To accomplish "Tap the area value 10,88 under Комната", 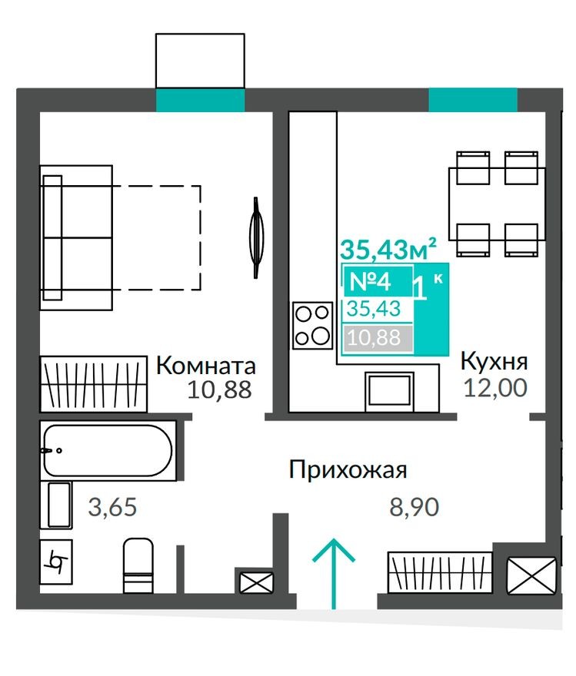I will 220,390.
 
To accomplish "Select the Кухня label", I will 494,361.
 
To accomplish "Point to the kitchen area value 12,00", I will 495,387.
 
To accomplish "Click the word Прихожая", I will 347,469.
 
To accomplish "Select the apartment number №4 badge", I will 371,281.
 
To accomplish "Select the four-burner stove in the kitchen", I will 311,325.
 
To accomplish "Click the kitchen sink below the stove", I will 389,389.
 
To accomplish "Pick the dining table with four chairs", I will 497,204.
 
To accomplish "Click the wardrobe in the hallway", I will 440,572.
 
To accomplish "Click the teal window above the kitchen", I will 472,101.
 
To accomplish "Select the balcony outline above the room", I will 200,61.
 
